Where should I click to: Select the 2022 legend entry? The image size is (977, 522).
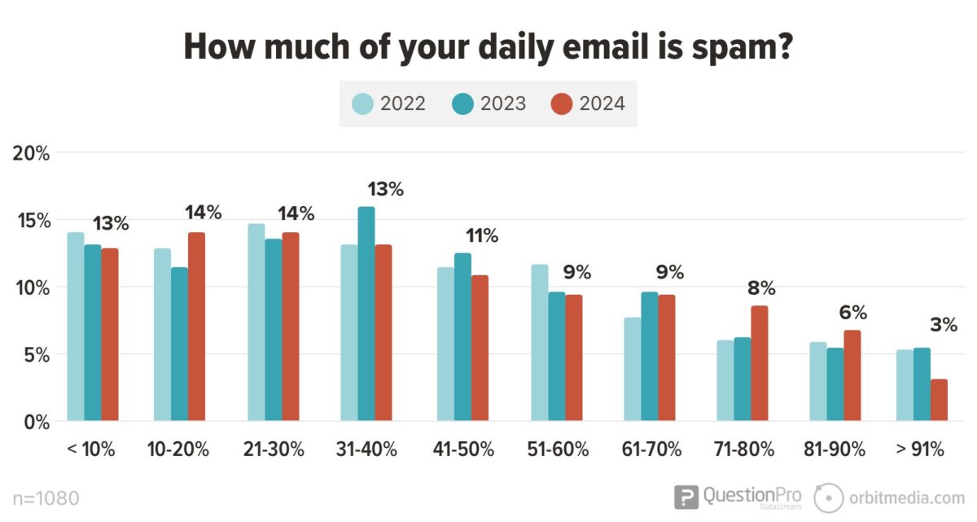[x=388, y=103]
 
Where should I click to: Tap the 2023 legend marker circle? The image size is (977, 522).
[x=463, y=103]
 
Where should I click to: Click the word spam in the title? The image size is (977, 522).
[x=733, y=47]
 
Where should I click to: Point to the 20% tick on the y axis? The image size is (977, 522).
[x=31, y=153]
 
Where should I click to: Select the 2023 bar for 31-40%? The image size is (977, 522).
[x=366, y=314]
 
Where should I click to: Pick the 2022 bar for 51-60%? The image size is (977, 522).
[x=539, y=343]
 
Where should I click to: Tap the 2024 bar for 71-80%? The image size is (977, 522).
[x=759, y=364]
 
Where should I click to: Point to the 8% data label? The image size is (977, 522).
[x=762, y=287]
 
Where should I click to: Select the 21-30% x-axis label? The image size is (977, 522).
[x=273, y=450]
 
